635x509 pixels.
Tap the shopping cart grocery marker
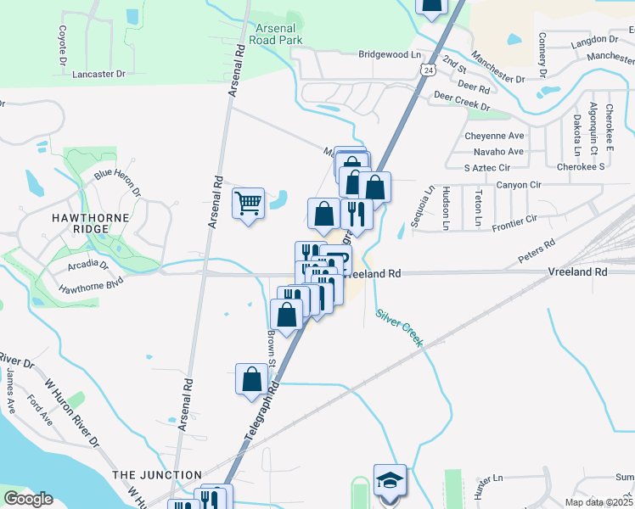pyautogui.click(x=247, y=204)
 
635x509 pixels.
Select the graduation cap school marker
pyautogui.click(x=390, y=482)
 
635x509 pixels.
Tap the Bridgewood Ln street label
pyautogui.click(x=390, y=54)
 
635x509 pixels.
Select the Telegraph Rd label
pyautogui.click(x=261, y=412)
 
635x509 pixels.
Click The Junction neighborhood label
pyautogui.click(x=157, y=475)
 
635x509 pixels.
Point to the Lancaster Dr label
pyautogui.click(x=98, y=74)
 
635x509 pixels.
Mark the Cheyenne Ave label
pyautogui.click(x=494, y=136)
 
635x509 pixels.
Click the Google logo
pyautogui.click(x=28, y=499)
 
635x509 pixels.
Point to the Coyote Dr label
pyautogui.click(x=62, y=45)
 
